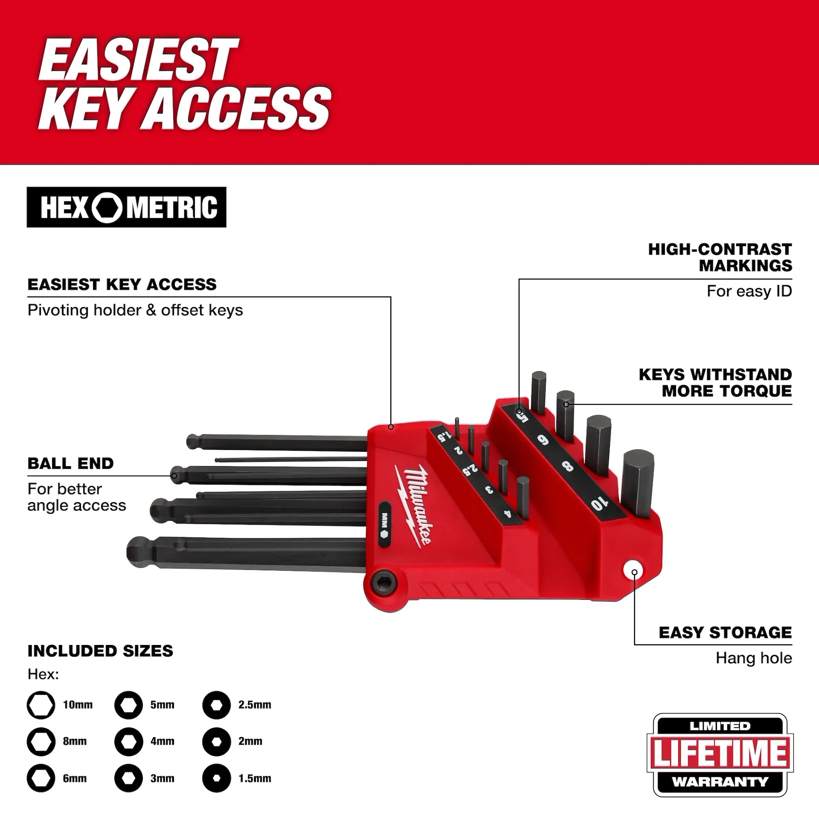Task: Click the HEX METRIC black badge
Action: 126,207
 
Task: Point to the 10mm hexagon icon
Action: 41,705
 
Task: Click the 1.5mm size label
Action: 255,778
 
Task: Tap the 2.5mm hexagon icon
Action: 216,705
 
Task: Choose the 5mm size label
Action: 162,705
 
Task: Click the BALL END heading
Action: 71,463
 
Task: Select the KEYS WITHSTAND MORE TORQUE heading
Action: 715,383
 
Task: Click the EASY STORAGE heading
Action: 725,632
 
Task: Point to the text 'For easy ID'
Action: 749,291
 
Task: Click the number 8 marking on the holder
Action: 568,466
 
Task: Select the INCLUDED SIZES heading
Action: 100,651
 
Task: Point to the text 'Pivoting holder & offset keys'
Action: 135,310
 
